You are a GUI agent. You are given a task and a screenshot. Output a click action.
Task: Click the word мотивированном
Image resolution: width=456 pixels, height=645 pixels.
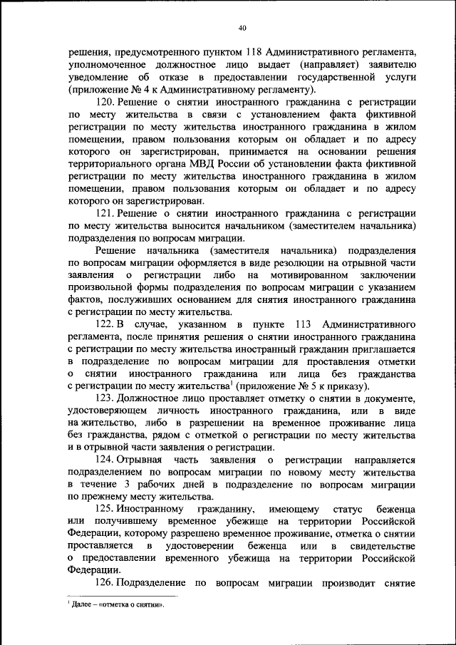306,274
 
